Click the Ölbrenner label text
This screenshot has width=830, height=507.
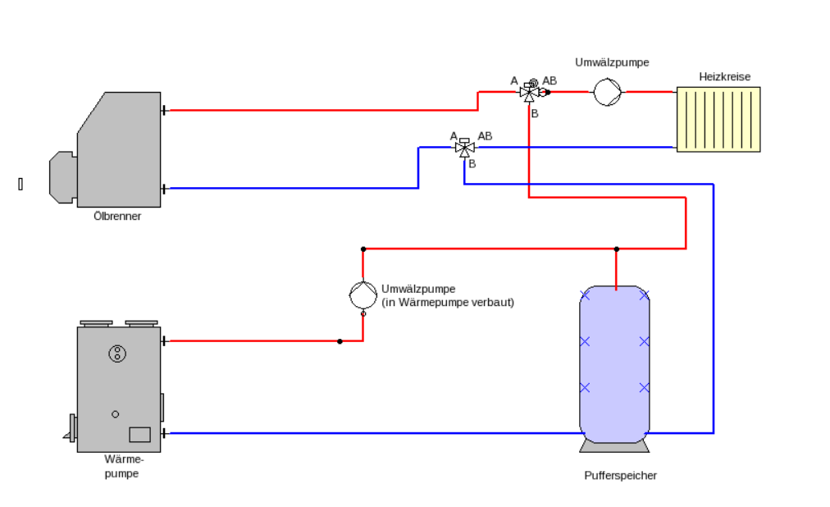[117, 216]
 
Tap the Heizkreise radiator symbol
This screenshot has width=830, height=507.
[718, 120]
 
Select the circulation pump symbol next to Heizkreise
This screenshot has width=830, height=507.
[607, 92]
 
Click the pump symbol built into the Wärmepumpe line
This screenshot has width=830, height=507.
[363, 295]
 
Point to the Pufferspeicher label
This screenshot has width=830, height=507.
[620, 475]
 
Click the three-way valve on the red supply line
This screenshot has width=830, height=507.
[529, 92]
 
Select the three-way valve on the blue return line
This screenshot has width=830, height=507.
[464, 148]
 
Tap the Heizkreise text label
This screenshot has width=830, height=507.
[725, 77]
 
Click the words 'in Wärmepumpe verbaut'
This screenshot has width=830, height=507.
[448, 302]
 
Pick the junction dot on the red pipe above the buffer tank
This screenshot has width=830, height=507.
[616, 249]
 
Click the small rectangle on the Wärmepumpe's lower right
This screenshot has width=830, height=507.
[139, 435]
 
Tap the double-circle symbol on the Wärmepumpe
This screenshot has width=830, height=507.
[117, 354]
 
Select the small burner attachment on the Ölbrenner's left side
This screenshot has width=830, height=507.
[63, 177]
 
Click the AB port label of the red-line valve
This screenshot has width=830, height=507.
[550, 81]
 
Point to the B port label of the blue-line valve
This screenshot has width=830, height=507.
[472, 164]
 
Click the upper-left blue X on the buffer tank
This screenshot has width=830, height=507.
[585, 295]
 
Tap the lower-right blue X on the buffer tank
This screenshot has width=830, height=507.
[644, 387]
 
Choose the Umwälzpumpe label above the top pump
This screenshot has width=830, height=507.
[612, 62]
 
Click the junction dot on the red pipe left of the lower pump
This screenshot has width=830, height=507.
[340, 341]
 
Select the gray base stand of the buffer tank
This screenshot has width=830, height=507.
[614, 446]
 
